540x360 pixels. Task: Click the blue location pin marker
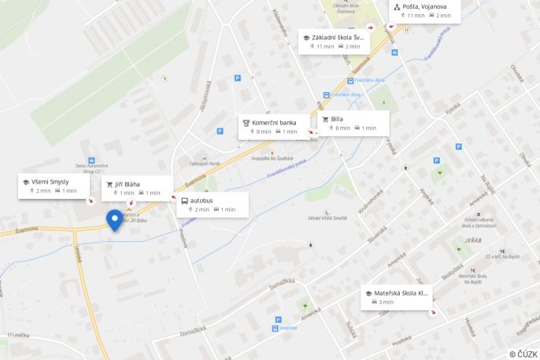pyautogui.click(x=114, y=220)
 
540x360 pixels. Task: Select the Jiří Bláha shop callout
pyautogui.click(x=138, y=188)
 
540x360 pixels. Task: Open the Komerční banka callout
pyautogui.click(x=274, y=127)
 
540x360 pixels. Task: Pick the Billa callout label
pyautogui.click(x=353, y=123)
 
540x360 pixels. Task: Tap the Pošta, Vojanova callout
pyautogui.click(x=426, y=10)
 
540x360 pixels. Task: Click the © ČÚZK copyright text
pyautogui.click(x=523, y=354)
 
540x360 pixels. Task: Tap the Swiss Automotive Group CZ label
pyautogui.click(x=91, y=167)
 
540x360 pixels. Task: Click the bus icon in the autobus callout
pyautogui.click(x=184, y=201)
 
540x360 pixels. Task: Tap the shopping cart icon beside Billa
pyautogui.click(x=325, y=119)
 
